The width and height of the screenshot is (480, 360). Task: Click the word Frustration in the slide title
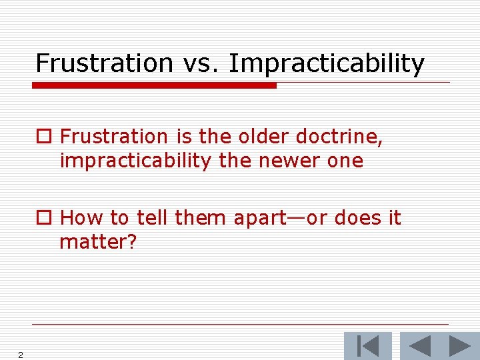(x=103, y=63)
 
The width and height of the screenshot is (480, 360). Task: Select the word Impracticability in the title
(x=327, y=64)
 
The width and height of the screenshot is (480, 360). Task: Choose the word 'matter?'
(x=98, y=242)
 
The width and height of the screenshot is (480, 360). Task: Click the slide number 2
(x=21, y=355)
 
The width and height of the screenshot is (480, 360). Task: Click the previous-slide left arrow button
(x=419, y=346)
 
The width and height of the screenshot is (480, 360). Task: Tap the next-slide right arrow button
(x=459, y=346)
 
